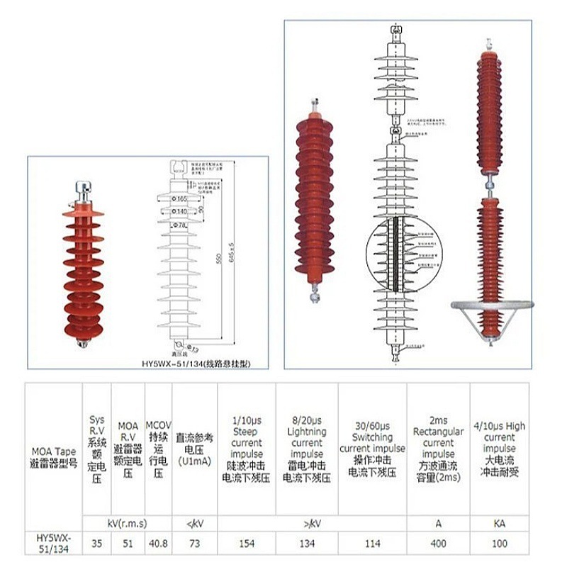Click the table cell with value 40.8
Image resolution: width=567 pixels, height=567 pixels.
(x=158, y=544)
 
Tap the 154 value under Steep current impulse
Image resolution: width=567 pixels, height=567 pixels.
(x=246, y=544)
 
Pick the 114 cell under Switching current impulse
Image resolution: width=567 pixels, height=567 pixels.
(x=372, y=544)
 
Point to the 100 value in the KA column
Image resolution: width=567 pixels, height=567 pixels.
(x=500, y=544)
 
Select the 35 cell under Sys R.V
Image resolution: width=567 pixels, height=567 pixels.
(x=97, y=544)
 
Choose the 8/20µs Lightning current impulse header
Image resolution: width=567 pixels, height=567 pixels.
(x=307, y=449)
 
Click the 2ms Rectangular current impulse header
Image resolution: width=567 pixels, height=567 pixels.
(x=438, y=449)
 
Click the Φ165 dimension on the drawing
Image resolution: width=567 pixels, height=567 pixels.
(x=181, y=199)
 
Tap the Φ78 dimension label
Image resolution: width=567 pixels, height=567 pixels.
(x=181, y=225)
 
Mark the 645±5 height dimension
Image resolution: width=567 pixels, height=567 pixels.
(x=230, y=259)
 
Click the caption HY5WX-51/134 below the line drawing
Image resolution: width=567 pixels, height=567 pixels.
(x=195, y=363)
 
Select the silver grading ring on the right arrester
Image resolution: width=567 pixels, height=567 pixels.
(x=492, y=305)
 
